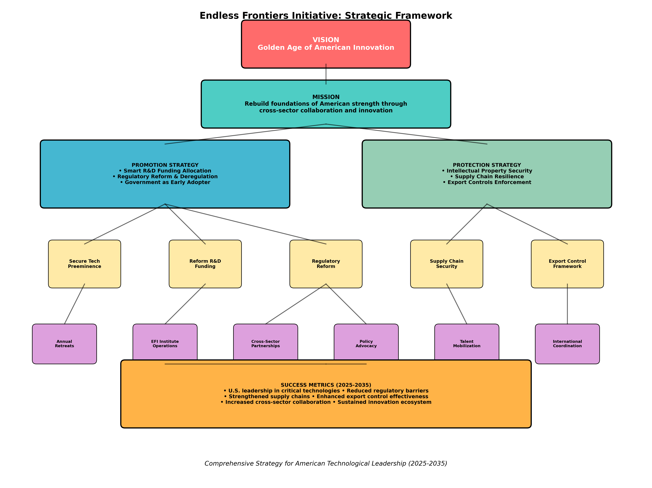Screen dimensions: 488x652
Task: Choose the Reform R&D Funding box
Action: click(205, 264)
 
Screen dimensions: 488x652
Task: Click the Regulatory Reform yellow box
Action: click(326, 264)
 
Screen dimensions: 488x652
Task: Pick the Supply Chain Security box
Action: click(447, 264)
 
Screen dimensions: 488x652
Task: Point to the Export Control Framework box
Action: click(567, 264)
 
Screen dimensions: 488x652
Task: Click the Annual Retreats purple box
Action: click(64, 344)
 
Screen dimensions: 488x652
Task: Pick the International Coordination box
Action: click(567, 344)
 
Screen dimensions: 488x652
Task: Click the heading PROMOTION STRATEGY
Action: click(165, 165)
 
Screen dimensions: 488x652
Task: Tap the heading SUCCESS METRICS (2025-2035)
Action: click(326, 385)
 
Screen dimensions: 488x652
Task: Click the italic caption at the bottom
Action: click(326, 464)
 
